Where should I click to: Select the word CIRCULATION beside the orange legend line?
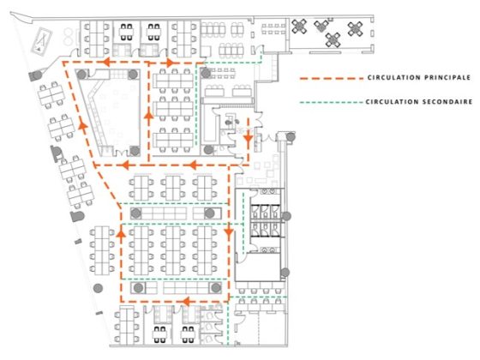click(x=386, y=78)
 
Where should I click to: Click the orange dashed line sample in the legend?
click(x=332, y=78)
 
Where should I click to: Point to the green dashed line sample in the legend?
click(x=332, y=102)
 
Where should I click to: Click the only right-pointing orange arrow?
click(x=170, y=63)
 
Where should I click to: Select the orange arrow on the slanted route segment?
click(x=82, y=124)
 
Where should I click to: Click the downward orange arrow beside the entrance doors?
click(x=248, y=139)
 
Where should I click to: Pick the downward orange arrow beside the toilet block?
click(x=228, y=233)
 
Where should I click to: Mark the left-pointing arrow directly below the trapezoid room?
click(x=125, y=165)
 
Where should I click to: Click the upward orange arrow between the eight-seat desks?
click(x=121, y=234)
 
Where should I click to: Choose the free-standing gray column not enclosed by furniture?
click(x=98, y=288)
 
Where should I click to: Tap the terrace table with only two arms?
click(x=321, y=26)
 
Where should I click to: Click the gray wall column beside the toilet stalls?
click(x=286, y=216)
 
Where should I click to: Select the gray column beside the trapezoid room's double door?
click(x=135, y=150)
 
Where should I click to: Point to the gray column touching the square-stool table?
click(x=206, y=73)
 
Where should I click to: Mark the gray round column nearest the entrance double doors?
click(x=291, y=136)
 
